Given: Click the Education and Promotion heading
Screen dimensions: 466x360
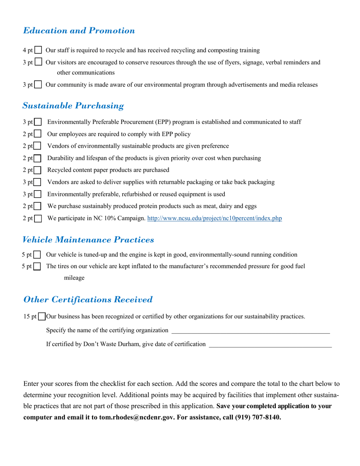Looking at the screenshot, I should pos(79,31).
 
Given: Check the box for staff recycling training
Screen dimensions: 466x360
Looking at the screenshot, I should pos(38,50).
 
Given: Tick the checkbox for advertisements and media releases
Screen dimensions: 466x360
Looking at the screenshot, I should pos(38,85).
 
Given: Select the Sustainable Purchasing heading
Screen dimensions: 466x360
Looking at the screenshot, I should pos(73,106).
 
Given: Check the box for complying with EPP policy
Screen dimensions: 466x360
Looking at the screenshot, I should pos(38,134).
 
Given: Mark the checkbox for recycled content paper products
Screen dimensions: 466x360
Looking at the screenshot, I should pos(38,170).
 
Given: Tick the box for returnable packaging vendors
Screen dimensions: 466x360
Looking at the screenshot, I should pos(38,182).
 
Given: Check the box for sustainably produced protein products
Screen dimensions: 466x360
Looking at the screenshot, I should pos(38,206).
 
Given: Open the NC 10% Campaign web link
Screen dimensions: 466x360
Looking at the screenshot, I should pos(214,218).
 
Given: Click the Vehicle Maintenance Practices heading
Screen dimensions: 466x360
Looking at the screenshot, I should pos(88,240).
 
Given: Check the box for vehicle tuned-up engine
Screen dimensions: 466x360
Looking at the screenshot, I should pos(37,255).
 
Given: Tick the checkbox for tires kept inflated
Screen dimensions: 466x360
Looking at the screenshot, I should pos(37,267).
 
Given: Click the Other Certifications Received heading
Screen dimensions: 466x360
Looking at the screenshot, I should pos(88,300).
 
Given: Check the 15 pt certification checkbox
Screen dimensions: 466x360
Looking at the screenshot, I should pos(42,316).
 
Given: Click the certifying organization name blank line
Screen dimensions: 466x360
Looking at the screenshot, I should pos(250,331).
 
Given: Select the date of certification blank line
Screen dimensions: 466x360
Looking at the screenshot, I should pos(270,344).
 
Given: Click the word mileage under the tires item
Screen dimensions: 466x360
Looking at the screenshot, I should pos(74,278).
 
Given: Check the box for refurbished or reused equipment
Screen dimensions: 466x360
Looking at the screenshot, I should pos(38,194).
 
